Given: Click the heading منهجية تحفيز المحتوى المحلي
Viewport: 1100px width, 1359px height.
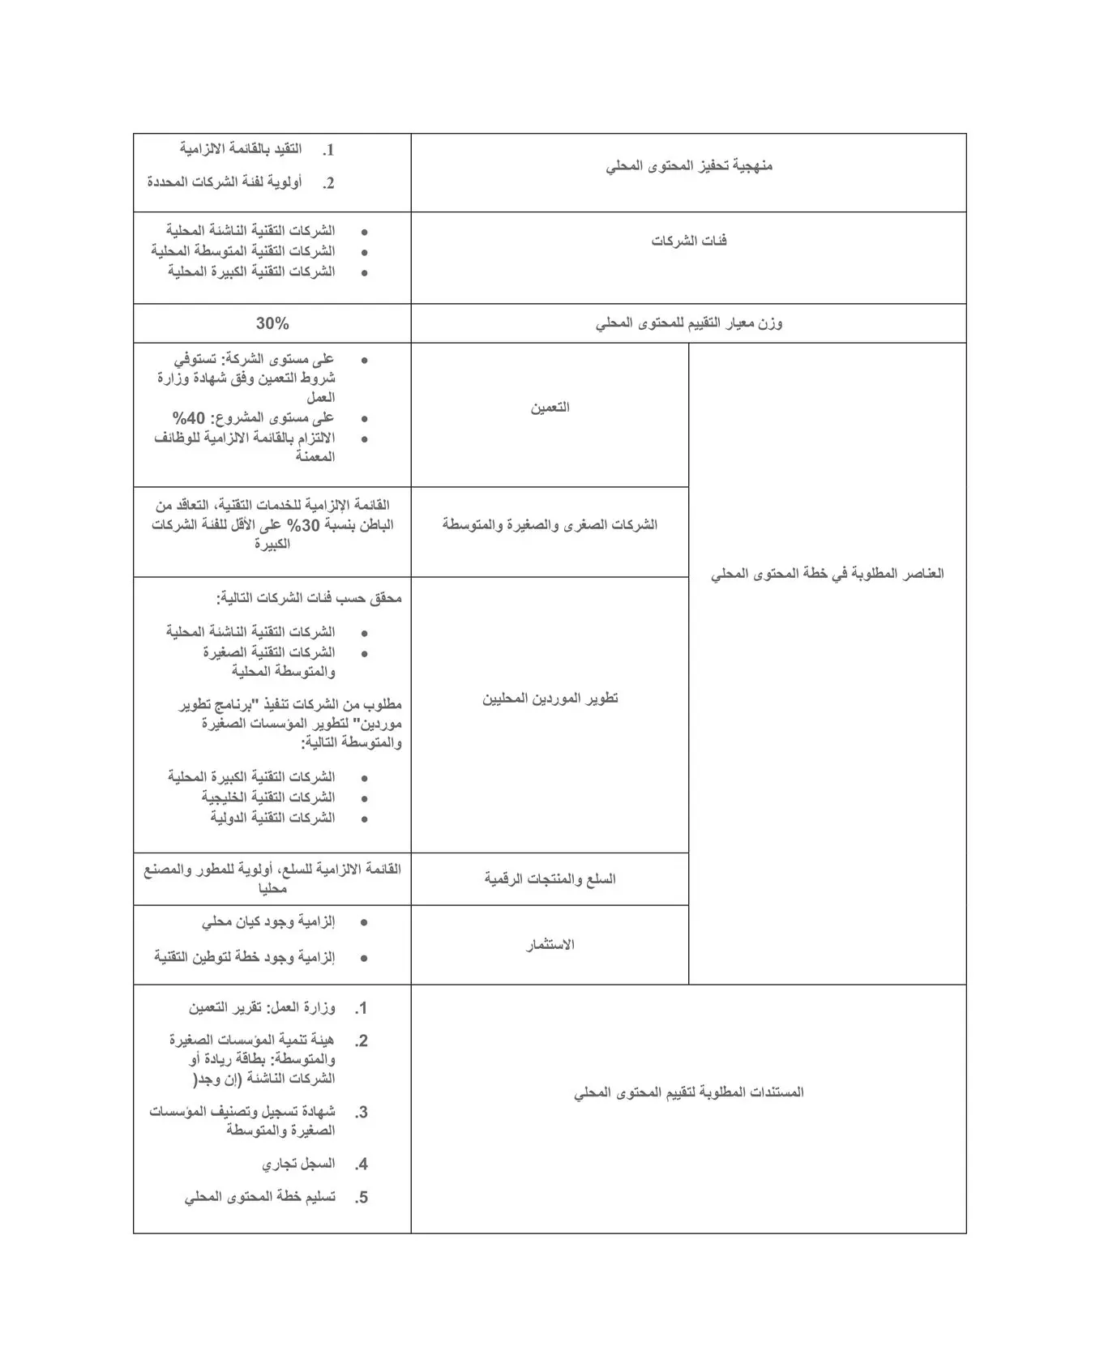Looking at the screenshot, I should click(689, 166).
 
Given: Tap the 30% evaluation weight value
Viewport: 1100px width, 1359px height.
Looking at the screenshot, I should click(272, 323).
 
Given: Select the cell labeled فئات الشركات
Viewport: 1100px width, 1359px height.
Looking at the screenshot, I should click(689, 241).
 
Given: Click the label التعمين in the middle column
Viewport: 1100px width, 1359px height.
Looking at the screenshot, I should click(550, 408).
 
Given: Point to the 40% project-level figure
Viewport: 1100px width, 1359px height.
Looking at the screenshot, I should click(189, 418).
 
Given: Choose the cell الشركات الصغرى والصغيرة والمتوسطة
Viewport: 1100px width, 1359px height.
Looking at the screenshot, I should click(550, 525).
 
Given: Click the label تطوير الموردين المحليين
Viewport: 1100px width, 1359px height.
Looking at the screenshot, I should click(550, 699).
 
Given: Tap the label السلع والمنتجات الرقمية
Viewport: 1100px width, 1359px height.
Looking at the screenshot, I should click(550, 879).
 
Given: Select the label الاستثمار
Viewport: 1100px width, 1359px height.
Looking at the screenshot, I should click(550, 945).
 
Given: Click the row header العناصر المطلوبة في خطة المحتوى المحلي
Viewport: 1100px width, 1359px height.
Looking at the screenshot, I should click(827, 574).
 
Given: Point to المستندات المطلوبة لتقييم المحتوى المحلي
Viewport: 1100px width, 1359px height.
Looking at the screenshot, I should click(689, 1092).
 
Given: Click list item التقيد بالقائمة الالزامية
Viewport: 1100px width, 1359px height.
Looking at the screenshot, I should click(241, 149).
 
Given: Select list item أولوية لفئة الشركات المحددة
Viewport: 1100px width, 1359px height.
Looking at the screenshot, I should click(225, 182).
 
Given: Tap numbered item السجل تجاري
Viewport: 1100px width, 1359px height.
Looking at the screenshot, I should click(298, 1165).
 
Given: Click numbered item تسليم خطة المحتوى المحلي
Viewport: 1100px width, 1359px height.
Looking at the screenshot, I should click(259, 1198).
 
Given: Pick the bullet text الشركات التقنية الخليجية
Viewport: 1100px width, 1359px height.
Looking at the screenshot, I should click(268, 797).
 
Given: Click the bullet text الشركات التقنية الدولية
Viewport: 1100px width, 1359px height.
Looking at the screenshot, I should click(272, 818).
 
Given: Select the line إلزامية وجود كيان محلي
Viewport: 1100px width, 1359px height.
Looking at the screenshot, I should click(268, 922).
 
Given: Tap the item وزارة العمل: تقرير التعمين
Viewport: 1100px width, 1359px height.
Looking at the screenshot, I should click(262, 1008).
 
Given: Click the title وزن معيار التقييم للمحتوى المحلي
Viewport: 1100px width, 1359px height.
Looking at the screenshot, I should click(689, 323).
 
